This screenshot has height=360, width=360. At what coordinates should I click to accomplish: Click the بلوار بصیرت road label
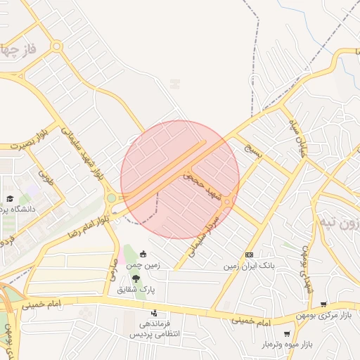coord(26,139)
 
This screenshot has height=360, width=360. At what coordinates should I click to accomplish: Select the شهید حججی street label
coord(202,186)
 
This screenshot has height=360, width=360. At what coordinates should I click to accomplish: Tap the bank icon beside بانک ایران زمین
coord(249,254)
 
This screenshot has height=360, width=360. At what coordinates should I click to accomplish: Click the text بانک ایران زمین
coord(247,266)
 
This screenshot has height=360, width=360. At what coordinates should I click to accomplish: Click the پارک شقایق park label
coord(136,289)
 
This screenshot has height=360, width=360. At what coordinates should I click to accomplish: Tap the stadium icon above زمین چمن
coord(143,254)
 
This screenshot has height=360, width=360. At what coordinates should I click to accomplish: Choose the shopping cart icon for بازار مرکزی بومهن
coord(323,304)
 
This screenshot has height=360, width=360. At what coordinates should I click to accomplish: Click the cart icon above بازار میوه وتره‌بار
coord(286,334)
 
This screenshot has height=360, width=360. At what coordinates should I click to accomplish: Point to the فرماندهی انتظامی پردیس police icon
coord(154,314)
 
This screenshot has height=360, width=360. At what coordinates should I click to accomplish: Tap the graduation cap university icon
coord(10,200)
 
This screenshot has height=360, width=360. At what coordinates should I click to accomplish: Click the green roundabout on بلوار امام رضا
coord(111,198)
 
